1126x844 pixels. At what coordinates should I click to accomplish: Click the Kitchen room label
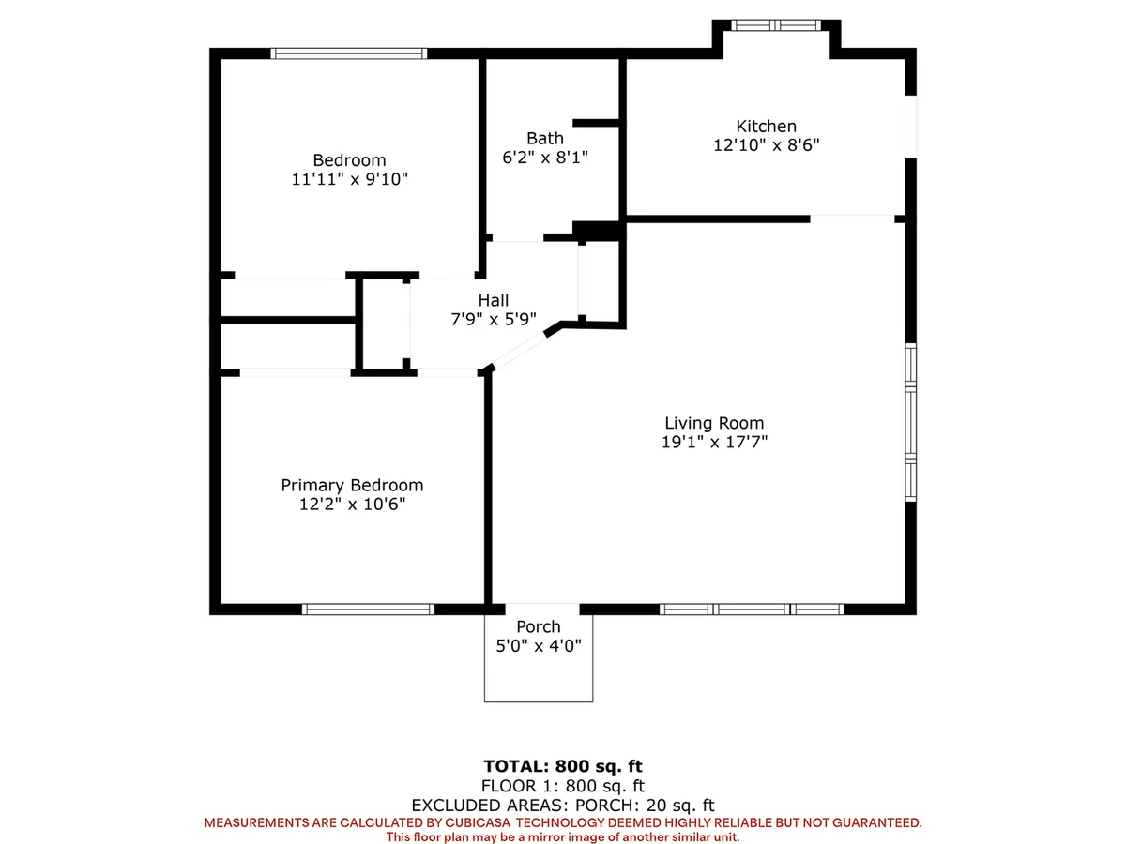click(x=766, y=126)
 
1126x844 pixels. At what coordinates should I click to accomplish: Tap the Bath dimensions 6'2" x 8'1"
click(x=545, y=158)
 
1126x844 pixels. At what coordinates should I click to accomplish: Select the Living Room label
click(x=714, y=423)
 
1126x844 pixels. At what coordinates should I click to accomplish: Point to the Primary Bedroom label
click(x=352, y=485)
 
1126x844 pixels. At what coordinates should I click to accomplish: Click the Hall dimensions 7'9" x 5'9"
click(x=493, y=319)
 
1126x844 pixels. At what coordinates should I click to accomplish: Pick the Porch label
click(x=538, y=626)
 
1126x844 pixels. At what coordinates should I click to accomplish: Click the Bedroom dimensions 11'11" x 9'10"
click(x=349, y=179)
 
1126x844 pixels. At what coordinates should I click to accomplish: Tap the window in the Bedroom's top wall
click(x=349, y=53)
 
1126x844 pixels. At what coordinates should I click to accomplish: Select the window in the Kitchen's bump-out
click(x=776, y=25)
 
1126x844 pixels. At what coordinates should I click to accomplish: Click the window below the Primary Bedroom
click(x=368, y=609)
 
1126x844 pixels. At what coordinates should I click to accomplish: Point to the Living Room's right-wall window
click(x=910, y=423)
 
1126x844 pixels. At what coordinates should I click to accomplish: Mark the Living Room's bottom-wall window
click(x=752, y=609)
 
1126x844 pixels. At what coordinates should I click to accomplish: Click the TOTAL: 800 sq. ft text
click(x=563, y=766)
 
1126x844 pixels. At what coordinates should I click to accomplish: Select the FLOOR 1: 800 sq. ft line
click(x=563, y=786)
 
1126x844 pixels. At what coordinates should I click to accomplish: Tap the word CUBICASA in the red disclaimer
click(x=478, y=822)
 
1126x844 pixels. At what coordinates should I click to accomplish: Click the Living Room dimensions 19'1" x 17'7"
click(x=714, y=442)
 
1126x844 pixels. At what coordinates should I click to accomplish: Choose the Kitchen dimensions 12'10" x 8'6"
click(x=766, y=145)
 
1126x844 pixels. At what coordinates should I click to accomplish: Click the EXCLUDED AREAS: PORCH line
click(x=563, y=805)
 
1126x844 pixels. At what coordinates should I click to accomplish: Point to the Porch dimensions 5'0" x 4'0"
click(x=538, y=646)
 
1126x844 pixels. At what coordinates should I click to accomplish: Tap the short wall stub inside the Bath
click(x=596, y=123)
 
